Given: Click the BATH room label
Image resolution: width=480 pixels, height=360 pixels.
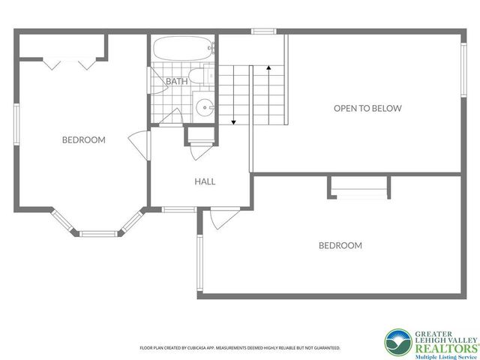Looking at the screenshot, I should [177, 81].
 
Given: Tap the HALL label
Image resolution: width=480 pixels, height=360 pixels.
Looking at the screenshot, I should [205, 181].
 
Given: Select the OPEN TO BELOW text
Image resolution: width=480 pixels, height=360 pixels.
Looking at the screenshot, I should [367, 108].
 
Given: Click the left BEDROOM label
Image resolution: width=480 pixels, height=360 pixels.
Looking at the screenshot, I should [83, 139].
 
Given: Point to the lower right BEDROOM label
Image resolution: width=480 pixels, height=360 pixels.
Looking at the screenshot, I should [340, 245].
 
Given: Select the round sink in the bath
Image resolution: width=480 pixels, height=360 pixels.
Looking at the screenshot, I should [205, 108].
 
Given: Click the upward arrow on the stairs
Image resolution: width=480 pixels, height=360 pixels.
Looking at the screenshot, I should [268, 70].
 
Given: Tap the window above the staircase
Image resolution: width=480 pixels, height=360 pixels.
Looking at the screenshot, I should [263, 31].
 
